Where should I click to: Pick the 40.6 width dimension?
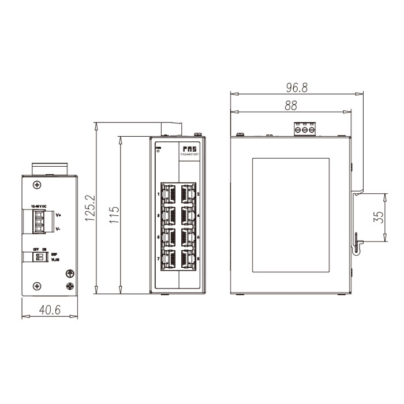tap(50, 309)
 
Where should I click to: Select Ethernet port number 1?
tap(170, 193)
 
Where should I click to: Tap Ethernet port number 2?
tap(188, 193)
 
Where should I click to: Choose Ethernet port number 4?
tap(188, 215)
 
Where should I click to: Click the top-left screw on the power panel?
tap(37, 185)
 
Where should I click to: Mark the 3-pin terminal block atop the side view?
tap(305, 129)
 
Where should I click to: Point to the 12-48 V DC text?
tap(39, 206)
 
